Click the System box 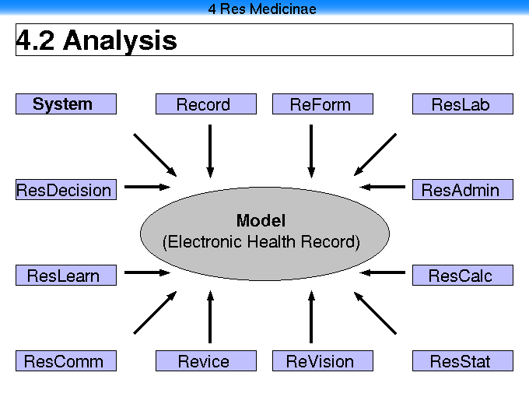(x=66, y=104)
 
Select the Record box (x=206, y=104)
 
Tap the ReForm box (x=323, y=104)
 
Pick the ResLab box (x=463, y=104)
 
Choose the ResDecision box (x=66, y=190)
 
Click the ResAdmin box (x=463, y=190)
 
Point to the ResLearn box (x=66, y=275)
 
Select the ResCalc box (x=463, y=275)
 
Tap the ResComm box (x=66, y=361)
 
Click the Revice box (x=206, y=361)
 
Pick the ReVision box (x=323, y=361)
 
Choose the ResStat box (x=463, y=361)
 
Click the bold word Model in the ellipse (x=261, y=221)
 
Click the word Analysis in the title (x=120, y=40)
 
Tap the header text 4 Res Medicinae (x=262, y=9)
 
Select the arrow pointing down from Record (x=210, y=151)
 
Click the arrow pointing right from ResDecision (x=148, y=187)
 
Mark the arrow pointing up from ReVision (x=311, y=317)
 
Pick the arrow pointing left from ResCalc (x=382, y=272)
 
